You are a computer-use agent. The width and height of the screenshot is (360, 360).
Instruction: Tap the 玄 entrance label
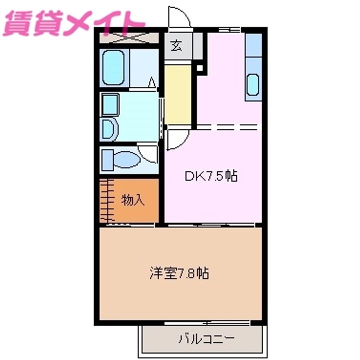[x=177, y=46]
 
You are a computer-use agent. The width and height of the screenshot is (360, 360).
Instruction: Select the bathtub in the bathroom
[x=113, y=68]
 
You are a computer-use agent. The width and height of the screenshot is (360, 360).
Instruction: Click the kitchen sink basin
[x=253, y=84]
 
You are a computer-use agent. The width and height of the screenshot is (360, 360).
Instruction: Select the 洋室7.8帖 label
[x=178, y=273]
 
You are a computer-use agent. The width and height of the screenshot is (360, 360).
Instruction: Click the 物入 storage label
[x=133, y=200]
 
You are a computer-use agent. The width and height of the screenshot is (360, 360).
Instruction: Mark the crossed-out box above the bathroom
[x=129, y=37]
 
